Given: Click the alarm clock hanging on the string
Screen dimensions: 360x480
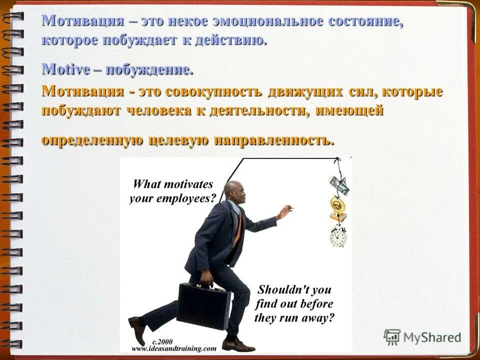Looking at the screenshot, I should pos(338,236).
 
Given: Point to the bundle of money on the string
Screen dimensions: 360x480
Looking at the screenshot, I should pos(338,185).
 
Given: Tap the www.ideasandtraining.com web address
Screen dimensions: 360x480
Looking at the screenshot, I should pos(173,348).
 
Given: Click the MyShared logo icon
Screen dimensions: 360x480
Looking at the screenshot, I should pos(392,337).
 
